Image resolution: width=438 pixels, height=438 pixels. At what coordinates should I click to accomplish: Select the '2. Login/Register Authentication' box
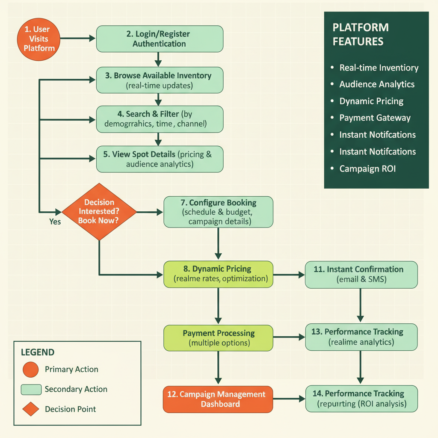pyautogui.click(x=159, y=38)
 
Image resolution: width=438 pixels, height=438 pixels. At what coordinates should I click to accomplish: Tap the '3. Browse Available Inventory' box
pyautogui.click(x=159, y=80)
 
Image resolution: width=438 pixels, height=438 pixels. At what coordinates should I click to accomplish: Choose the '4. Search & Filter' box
pyautogui.click(x=159, y=119)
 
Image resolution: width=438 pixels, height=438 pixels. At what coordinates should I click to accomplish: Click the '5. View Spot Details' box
pyautogui.click(x=159, y=159)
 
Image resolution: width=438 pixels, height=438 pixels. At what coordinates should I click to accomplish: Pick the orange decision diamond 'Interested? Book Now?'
pyautogui.click(x=99, y=212)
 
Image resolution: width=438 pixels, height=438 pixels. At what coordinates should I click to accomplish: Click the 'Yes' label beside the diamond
pyautogui.click(x=55, y=222)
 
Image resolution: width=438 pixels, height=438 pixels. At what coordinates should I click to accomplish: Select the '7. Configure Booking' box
pyautogui.click(x=218, y=212)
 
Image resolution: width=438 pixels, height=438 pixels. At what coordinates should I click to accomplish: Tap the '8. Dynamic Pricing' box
pyautogui.click(x=218, y=274)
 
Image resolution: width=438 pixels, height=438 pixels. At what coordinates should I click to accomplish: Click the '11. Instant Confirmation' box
pyautogui.click(x=361, y=274)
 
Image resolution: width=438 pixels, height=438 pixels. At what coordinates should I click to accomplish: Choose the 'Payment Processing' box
pyautogui.click(x=218, y=337)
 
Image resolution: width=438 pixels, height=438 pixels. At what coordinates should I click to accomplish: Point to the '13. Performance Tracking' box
pyautogui.click(x=361, y=337)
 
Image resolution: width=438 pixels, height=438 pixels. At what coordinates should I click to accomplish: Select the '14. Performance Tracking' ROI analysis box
pyautogui.click(x=361, y=398)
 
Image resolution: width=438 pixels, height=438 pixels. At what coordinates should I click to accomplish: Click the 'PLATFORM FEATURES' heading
pyautogui.click(x=361, y=35)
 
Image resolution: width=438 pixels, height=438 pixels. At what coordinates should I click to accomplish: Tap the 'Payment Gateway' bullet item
pyautogui.click(x=375, y=118)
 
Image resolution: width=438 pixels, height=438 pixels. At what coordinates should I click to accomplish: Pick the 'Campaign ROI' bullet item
pyautogui.click(x=367, y=169)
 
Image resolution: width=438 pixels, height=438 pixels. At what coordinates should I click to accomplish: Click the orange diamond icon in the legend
pyautogui.click(x=30, y=409)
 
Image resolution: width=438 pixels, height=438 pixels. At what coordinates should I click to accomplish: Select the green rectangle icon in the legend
pyautogui.click(x=30, y=389)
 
